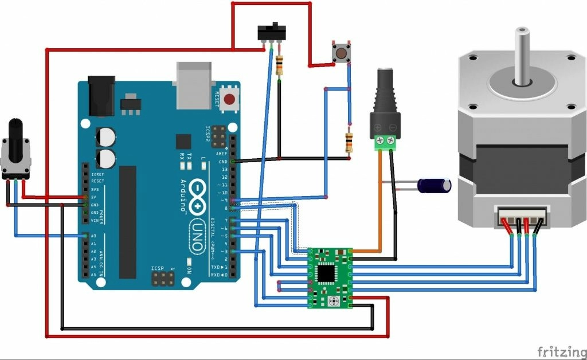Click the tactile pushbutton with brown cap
pos(341,54)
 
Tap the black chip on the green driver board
pos(326,273)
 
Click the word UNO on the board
pos(196,235)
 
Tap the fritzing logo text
pos(561,351)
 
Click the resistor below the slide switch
pos(279,66)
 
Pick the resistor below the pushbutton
pos(349,141)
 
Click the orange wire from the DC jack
pos(379,201)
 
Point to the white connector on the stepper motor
pos(522,218)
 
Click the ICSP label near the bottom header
pos(158,268)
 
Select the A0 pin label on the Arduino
pos(93,236)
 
